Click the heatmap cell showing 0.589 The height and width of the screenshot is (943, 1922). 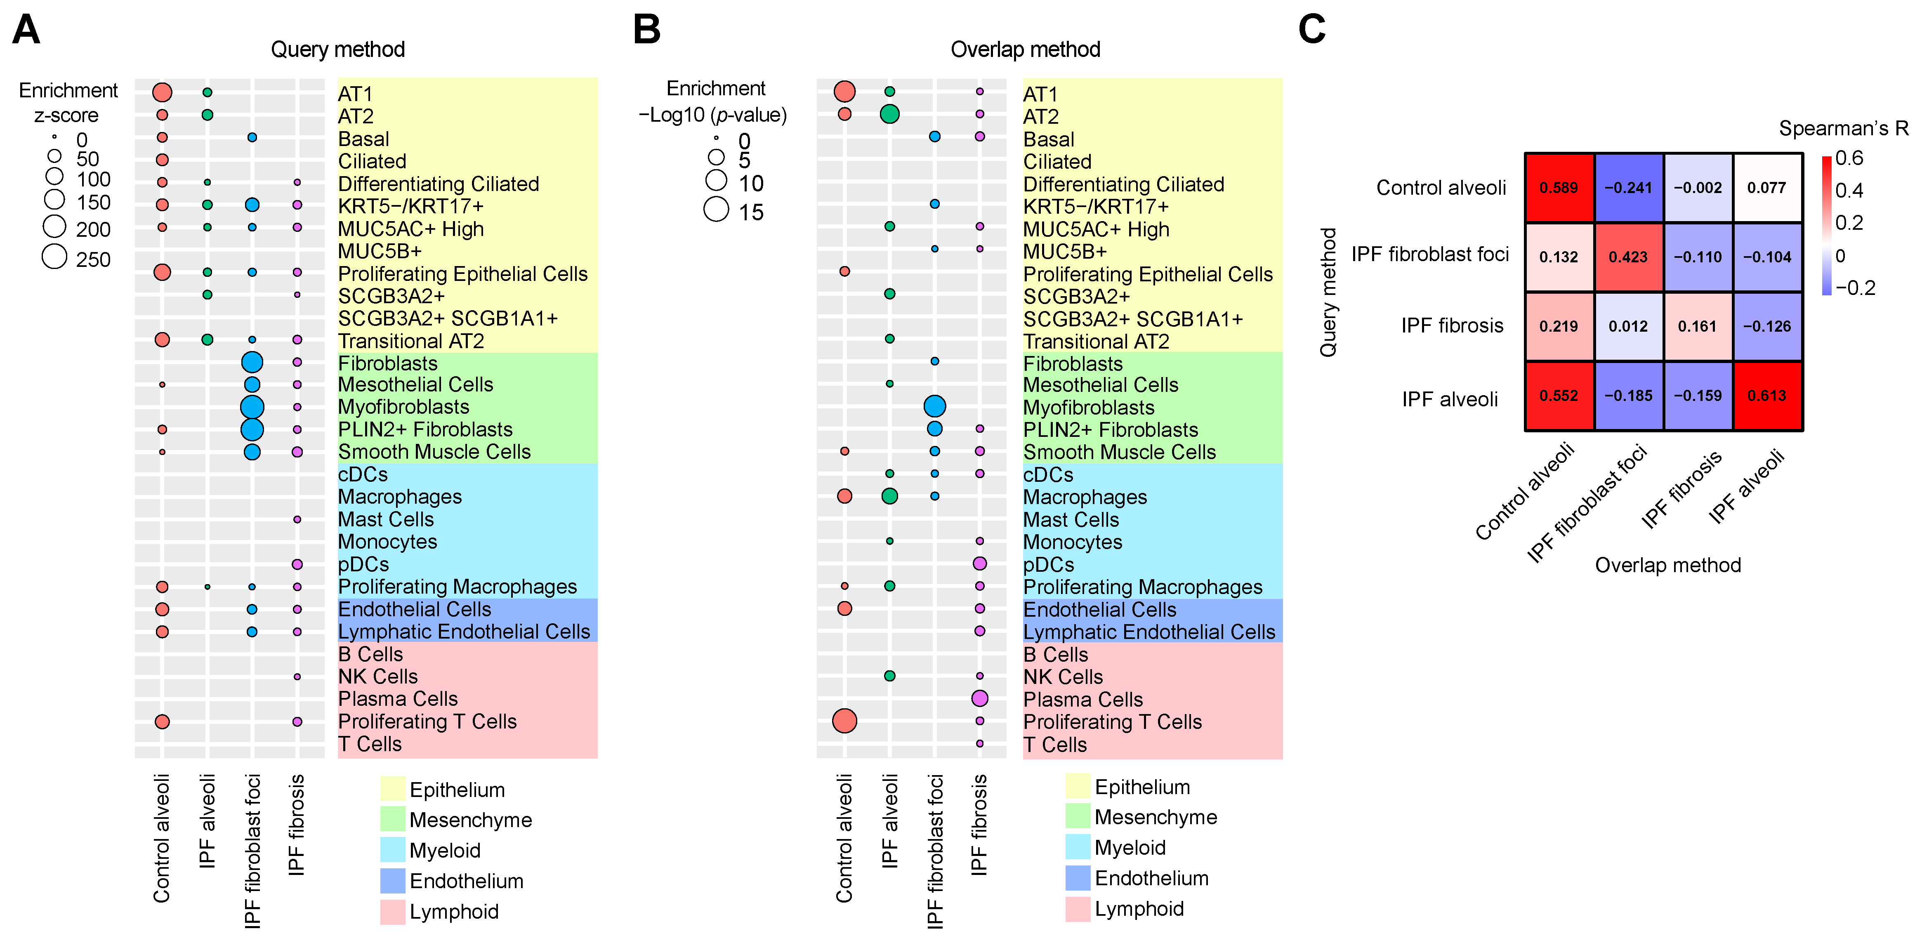(1559, 188)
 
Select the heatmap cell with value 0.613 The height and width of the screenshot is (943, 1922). (1767, 396)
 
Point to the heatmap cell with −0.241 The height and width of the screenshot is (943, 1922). (1628, 188)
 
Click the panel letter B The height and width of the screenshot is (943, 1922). (646, 30)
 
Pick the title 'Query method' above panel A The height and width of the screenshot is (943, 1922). (337, 49)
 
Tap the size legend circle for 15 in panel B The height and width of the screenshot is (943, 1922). (716, 210)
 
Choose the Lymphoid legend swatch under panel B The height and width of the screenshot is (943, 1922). (1078, 909)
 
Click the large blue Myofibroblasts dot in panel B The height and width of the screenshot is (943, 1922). (934, 407)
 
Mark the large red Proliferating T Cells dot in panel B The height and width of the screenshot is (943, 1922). (844, 721)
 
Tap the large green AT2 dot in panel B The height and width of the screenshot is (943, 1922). (889, 114)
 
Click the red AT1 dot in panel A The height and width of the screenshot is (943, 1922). (162, 92)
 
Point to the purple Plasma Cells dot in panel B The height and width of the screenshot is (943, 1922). (980, 698)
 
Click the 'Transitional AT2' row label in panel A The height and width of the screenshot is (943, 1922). (411, 341)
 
